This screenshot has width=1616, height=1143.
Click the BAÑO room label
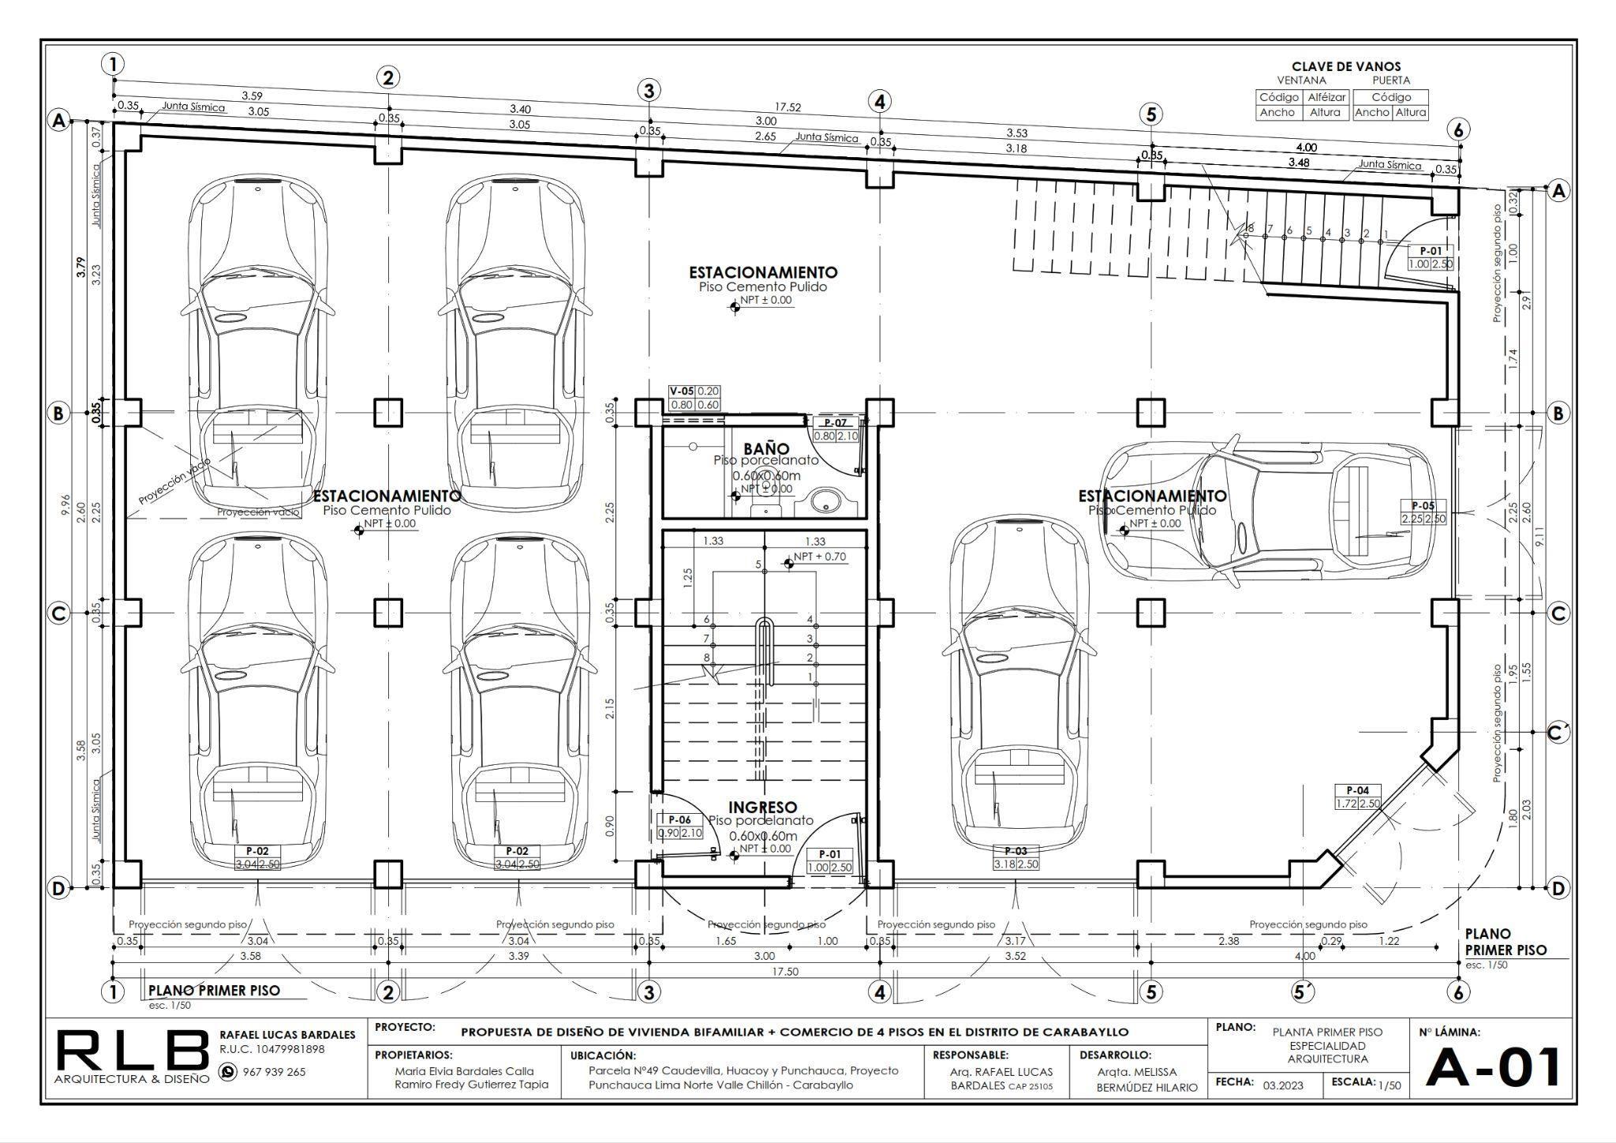click(x=766, y=449)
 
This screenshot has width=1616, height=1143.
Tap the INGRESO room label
click(x=762, y=808)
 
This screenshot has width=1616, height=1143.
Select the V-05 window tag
click(x=682, y=392)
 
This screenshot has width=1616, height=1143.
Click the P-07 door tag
click(x=835, y=423)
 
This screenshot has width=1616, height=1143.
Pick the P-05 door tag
click(x=1423, y=506)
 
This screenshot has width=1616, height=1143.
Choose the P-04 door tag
click(x=1357, y=790)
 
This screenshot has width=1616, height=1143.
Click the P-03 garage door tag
click(x=1016, y=851)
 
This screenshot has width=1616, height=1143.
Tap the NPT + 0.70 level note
click(x=819, y=557)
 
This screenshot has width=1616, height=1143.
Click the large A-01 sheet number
click(x=1493, y=1068)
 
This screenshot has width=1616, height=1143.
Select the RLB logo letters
click(x=133, y=1052)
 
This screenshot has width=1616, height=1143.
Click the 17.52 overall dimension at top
click(x=787, y=107)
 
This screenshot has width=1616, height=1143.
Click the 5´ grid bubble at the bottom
click(x=1304, y=991)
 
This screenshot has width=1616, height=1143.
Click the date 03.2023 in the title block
click(x=1283, y=1085)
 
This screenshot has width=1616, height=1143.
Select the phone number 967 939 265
click(x=274, y=1072)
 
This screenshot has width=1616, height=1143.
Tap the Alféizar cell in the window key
click(x=1326, y=97)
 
